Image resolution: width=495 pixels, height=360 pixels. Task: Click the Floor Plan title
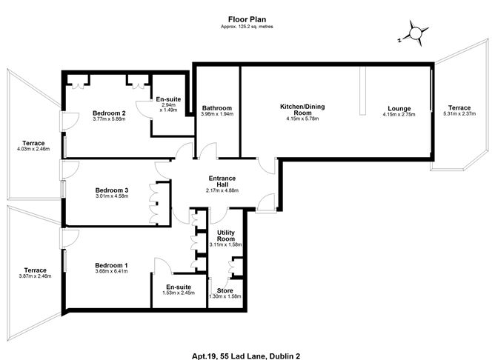247,19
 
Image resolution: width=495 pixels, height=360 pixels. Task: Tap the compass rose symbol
416,33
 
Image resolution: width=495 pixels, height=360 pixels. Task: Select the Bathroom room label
217,108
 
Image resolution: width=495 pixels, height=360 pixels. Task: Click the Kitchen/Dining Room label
302,110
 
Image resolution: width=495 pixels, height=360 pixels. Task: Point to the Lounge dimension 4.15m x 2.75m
399,115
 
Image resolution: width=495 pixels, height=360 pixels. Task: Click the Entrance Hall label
222,181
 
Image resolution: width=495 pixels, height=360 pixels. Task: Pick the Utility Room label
226,236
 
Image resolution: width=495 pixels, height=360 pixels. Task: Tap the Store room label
225,290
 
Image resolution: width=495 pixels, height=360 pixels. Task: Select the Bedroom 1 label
111,265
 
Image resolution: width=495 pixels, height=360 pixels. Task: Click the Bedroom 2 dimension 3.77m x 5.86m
109,119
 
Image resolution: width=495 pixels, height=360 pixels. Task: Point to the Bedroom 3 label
112,190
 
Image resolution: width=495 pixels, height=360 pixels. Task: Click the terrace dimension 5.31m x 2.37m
459,113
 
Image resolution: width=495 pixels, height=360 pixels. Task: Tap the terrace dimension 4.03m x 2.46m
33,149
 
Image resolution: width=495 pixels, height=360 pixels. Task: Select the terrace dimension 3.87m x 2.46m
36,276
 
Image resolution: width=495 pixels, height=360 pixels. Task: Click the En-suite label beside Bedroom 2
168,99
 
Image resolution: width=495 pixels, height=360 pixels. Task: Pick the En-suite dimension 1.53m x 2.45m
179,293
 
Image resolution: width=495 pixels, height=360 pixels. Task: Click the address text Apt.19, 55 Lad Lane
230,356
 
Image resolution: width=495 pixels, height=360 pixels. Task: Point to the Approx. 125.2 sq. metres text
247,27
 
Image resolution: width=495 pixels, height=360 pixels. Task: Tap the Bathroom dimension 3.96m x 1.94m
217,114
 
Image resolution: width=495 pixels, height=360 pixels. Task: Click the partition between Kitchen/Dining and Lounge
362,91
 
